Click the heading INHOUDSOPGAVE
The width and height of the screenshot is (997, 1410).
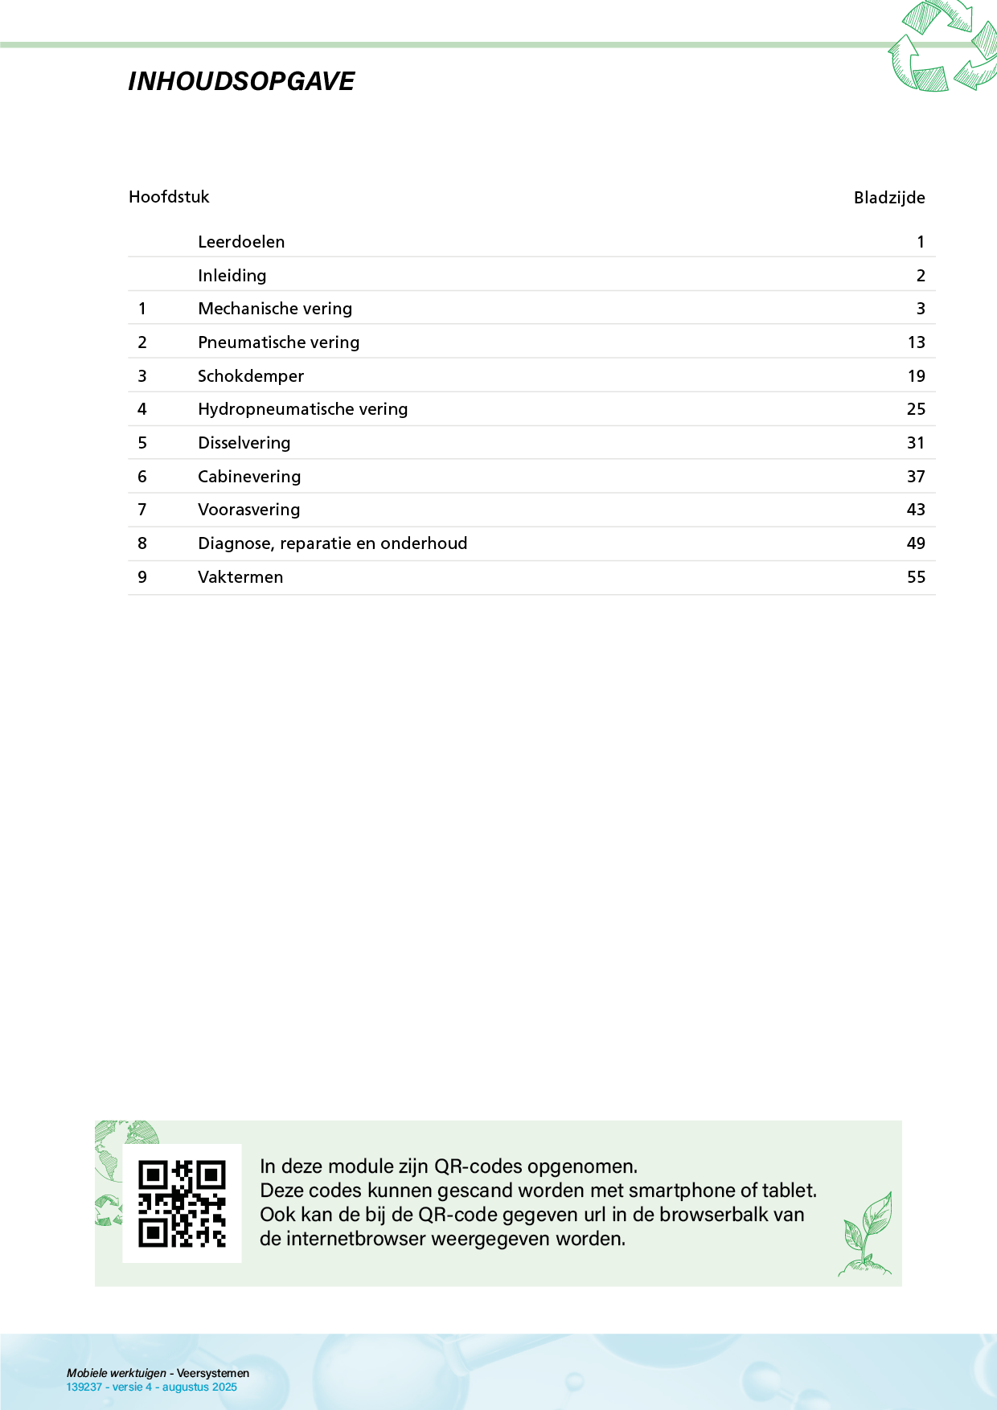point(241,81)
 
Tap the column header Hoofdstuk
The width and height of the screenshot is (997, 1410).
point(169,197)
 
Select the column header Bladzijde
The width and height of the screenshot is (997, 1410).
point(888,198)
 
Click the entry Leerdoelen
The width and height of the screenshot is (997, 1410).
point(241,242)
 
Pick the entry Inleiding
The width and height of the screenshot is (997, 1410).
point(232,276)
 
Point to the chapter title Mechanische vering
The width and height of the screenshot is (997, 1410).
point(275,309)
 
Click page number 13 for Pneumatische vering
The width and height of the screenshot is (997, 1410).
point(916,342)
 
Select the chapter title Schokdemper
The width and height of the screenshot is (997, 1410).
point(251,376)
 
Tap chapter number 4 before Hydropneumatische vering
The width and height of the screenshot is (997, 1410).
point(142,409)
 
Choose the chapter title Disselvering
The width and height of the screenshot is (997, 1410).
point(244,443)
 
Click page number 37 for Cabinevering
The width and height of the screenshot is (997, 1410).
point(916,477)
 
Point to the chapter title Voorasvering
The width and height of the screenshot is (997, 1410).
point(248,510)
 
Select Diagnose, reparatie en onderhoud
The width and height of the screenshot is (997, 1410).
point(332,543)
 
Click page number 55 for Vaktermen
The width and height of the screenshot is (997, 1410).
point(916,577)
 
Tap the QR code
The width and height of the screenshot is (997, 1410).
point(182,1203)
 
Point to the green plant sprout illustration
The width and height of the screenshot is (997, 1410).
point(866,1234)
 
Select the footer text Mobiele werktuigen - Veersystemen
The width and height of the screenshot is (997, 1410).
point(158,1373)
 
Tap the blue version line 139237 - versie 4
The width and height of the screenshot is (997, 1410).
point(151,1387)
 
